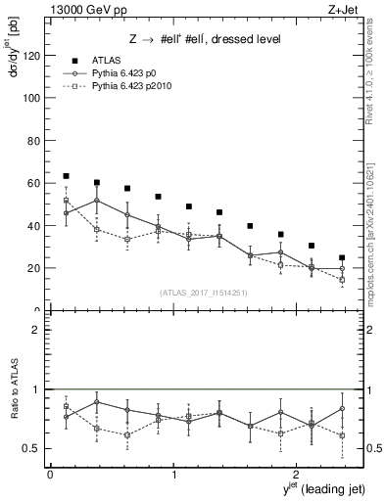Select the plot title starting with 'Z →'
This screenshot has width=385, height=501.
(199, 39)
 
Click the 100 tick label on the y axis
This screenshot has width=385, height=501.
(29, 98)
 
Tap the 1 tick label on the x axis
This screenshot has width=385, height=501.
(173, 474)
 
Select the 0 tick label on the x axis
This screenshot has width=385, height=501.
(50, 474)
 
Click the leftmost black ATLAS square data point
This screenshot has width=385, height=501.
(66, 176)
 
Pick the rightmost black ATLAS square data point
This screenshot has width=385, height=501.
(342, 258)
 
